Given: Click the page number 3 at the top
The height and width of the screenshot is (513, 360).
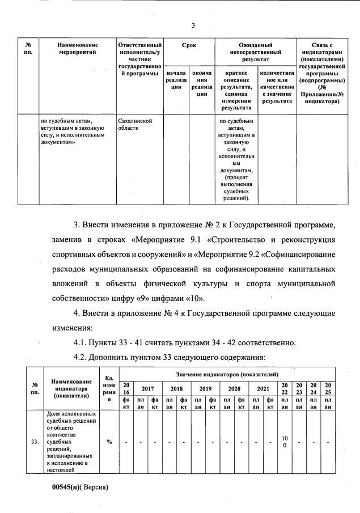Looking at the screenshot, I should (x=193, y=26).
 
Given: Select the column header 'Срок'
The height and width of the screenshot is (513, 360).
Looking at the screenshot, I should (x=189, y=45).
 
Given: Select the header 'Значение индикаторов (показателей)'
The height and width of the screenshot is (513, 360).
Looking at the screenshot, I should (x=227, y=375).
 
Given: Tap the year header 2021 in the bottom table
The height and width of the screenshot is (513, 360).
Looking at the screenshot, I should (x=262, y=389).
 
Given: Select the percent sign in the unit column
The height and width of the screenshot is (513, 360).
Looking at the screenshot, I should (x=108, y=441).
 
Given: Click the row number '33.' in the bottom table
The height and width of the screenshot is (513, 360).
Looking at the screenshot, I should (x=33, y=441).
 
